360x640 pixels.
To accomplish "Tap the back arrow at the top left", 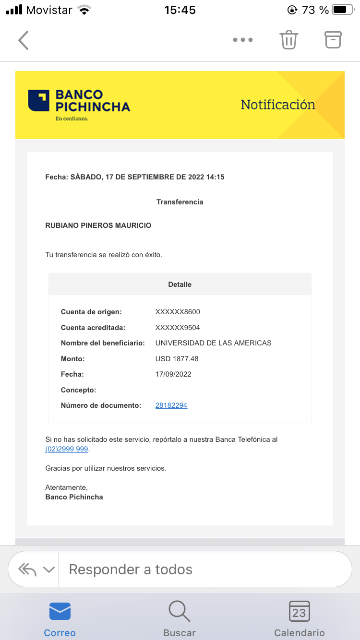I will tap(23, 40).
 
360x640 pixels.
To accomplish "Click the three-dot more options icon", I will tap(243, 40).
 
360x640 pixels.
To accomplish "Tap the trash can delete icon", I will tap(289, 40).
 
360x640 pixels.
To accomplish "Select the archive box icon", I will tap(333, 40).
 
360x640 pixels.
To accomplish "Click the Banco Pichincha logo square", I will tap(38, 100).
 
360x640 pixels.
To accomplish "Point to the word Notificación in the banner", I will tap(277, 105).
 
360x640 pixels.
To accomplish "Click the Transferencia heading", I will tap(180, 202).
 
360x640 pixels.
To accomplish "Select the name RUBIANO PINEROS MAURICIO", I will tap(98, 225).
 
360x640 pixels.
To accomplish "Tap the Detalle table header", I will tap(180, 284).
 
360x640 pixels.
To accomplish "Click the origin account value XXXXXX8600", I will tap(178, 312).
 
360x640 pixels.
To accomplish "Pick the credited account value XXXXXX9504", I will tap(178, 328).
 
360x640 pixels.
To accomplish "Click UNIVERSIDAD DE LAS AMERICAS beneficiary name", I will tap(213, 343).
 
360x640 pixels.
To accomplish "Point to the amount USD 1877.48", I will tap(177, 359).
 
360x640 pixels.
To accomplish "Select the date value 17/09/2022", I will tap(173, 374).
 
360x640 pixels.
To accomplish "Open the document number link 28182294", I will tap(171, 405).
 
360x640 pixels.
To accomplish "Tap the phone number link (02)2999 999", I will tap(67, 449).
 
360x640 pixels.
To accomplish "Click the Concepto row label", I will tap(78, 390).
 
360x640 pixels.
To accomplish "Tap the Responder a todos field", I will tap(206, 569).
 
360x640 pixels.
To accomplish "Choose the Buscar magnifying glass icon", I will tap(180, 612).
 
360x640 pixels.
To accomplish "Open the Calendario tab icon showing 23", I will tap(299, 612).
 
